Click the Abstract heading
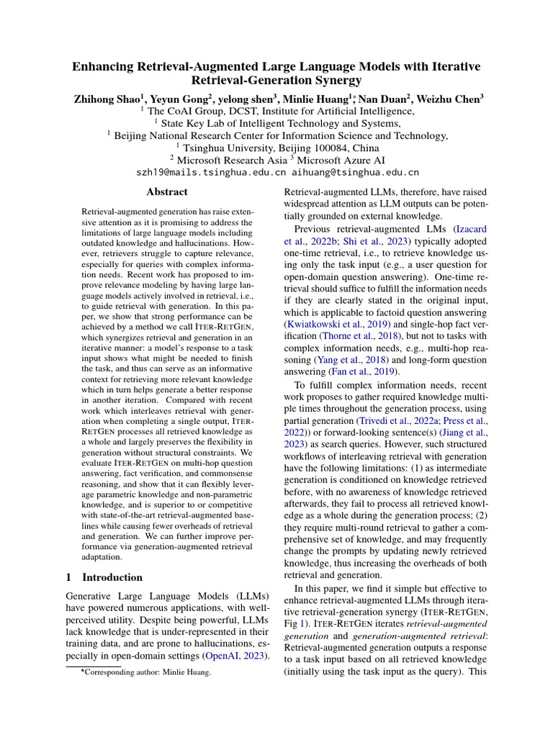[x=167, y=192]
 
